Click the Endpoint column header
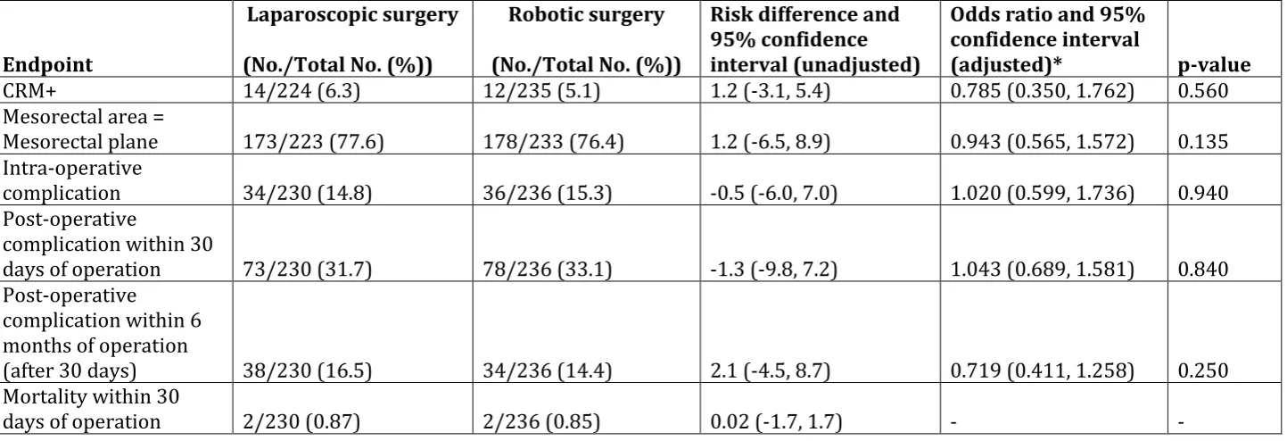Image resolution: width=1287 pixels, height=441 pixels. coord(47,64)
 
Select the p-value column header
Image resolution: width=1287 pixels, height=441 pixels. coord(1214,65)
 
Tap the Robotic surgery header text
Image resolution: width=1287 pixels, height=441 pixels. coord(586,15)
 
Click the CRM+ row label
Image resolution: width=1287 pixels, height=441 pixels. coord(29,90)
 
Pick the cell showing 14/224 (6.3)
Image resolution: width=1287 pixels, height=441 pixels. coord(301,91)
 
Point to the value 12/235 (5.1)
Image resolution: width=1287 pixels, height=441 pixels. coord(541,91)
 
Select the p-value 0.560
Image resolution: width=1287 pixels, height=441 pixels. coord(1203,91)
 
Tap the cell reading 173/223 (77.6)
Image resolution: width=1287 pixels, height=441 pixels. coord(313,141)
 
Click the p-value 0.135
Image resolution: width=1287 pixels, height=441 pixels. coord(1203,142)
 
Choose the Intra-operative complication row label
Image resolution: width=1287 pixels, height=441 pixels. coord(72,180)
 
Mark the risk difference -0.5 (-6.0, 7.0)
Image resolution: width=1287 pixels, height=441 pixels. coord(773,193)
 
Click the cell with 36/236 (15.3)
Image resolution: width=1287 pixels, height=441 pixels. coord(547,193)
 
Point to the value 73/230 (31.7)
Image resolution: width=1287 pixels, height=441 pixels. coord(308,269)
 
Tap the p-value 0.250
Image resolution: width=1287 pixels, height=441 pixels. coord(1203,370)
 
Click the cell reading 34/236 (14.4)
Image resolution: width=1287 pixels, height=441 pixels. coord(547,370)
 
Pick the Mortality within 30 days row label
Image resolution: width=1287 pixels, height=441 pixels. coord(91,409)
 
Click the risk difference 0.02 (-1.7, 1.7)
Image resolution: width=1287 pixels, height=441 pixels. coord(776,421)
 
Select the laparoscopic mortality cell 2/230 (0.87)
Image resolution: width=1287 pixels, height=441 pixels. coord(301,421)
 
